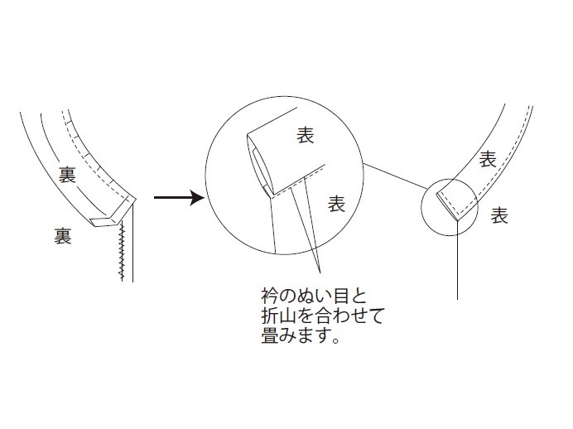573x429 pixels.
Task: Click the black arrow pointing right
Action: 179,198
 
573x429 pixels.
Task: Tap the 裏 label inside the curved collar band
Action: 67,175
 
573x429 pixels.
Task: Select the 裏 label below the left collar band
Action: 62,236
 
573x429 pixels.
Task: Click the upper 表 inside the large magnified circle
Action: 306,135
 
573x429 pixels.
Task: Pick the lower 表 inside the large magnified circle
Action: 336,204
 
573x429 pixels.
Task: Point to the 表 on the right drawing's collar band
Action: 488,159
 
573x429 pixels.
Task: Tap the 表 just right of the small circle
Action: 499,215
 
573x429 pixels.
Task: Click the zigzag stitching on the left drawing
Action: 122,250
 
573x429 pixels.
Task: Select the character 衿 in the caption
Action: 270,296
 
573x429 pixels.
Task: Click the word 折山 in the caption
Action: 279,316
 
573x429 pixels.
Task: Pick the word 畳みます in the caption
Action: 296,335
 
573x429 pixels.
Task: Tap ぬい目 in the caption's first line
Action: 323,296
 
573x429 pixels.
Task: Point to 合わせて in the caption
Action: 349,316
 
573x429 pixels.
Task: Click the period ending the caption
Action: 336,340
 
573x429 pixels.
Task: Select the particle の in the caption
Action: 287,296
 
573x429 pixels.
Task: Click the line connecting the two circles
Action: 396,176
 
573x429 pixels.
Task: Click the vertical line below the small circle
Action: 458,260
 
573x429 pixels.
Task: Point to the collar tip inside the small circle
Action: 457,219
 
